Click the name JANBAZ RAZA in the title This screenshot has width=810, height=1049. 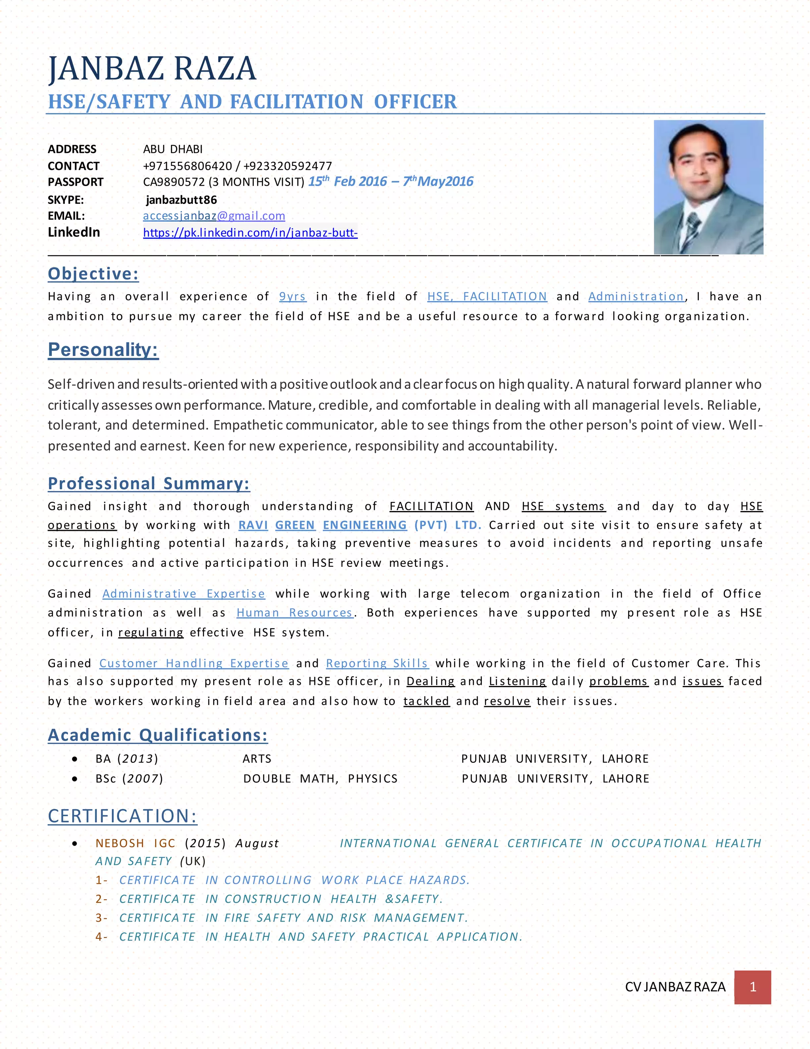[153, 69]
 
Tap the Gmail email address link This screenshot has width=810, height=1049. [214, 216]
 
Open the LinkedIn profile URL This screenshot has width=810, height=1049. [250, 233]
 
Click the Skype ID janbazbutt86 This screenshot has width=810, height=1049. [182, 200]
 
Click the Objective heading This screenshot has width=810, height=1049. [93, 274]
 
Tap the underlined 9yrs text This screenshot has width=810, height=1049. [292, 297]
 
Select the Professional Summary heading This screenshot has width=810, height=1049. [149, 483]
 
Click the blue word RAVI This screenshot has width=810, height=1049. [253, 525]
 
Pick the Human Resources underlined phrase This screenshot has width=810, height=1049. [295, 613]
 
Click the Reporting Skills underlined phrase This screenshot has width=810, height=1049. [377, 663]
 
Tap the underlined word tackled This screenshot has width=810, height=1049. [426, 701]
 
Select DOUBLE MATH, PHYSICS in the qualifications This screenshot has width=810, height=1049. [320, 779]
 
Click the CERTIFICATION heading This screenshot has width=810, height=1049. [122, 816]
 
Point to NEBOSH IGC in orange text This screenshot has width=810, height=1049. [135, 844]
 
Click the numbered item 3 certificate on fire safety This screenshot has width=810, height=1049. [293, 918]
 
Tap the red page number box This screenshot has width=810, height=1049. [752, 986]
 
